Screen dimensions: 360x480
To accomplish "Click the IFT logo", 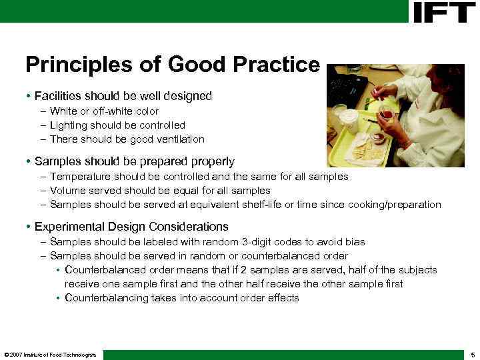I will coord(443,12).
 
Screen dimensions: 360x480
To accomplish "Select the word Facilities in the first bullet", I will coord(58,96).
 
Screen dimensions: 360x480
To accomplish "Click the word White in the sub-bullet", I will coord(63,111).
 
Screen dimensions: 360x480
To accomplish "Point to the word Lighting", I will coord(69,125).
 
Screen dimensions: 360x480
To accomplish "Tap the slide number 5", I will coord(472,354).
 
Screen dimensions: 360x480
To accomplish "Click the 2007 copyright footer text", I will coord(50,354).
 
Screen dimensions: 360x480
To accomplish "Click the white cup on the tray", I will coord(349,121).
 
